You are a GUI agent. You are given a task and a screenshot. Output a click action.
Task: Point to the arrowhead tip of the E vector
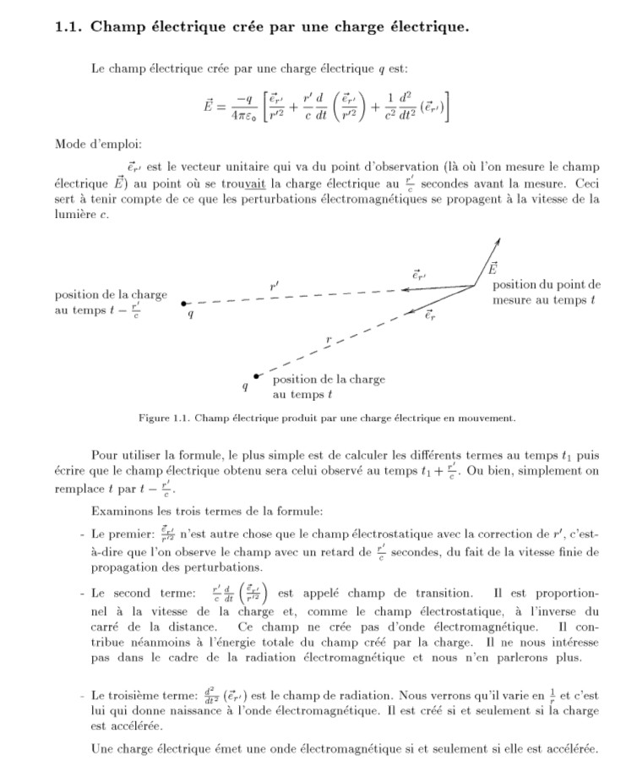tap(498, 238)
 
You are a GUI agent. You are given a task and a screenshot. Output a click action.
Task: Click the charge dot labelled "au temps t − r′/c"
tap(184, 302)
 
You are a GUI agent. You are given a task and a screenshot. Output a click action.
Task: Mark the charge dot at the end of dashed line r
tap(256, 375)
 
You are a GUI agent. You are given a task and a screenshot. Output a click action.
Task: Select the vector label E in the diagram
tap(493, 269)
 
